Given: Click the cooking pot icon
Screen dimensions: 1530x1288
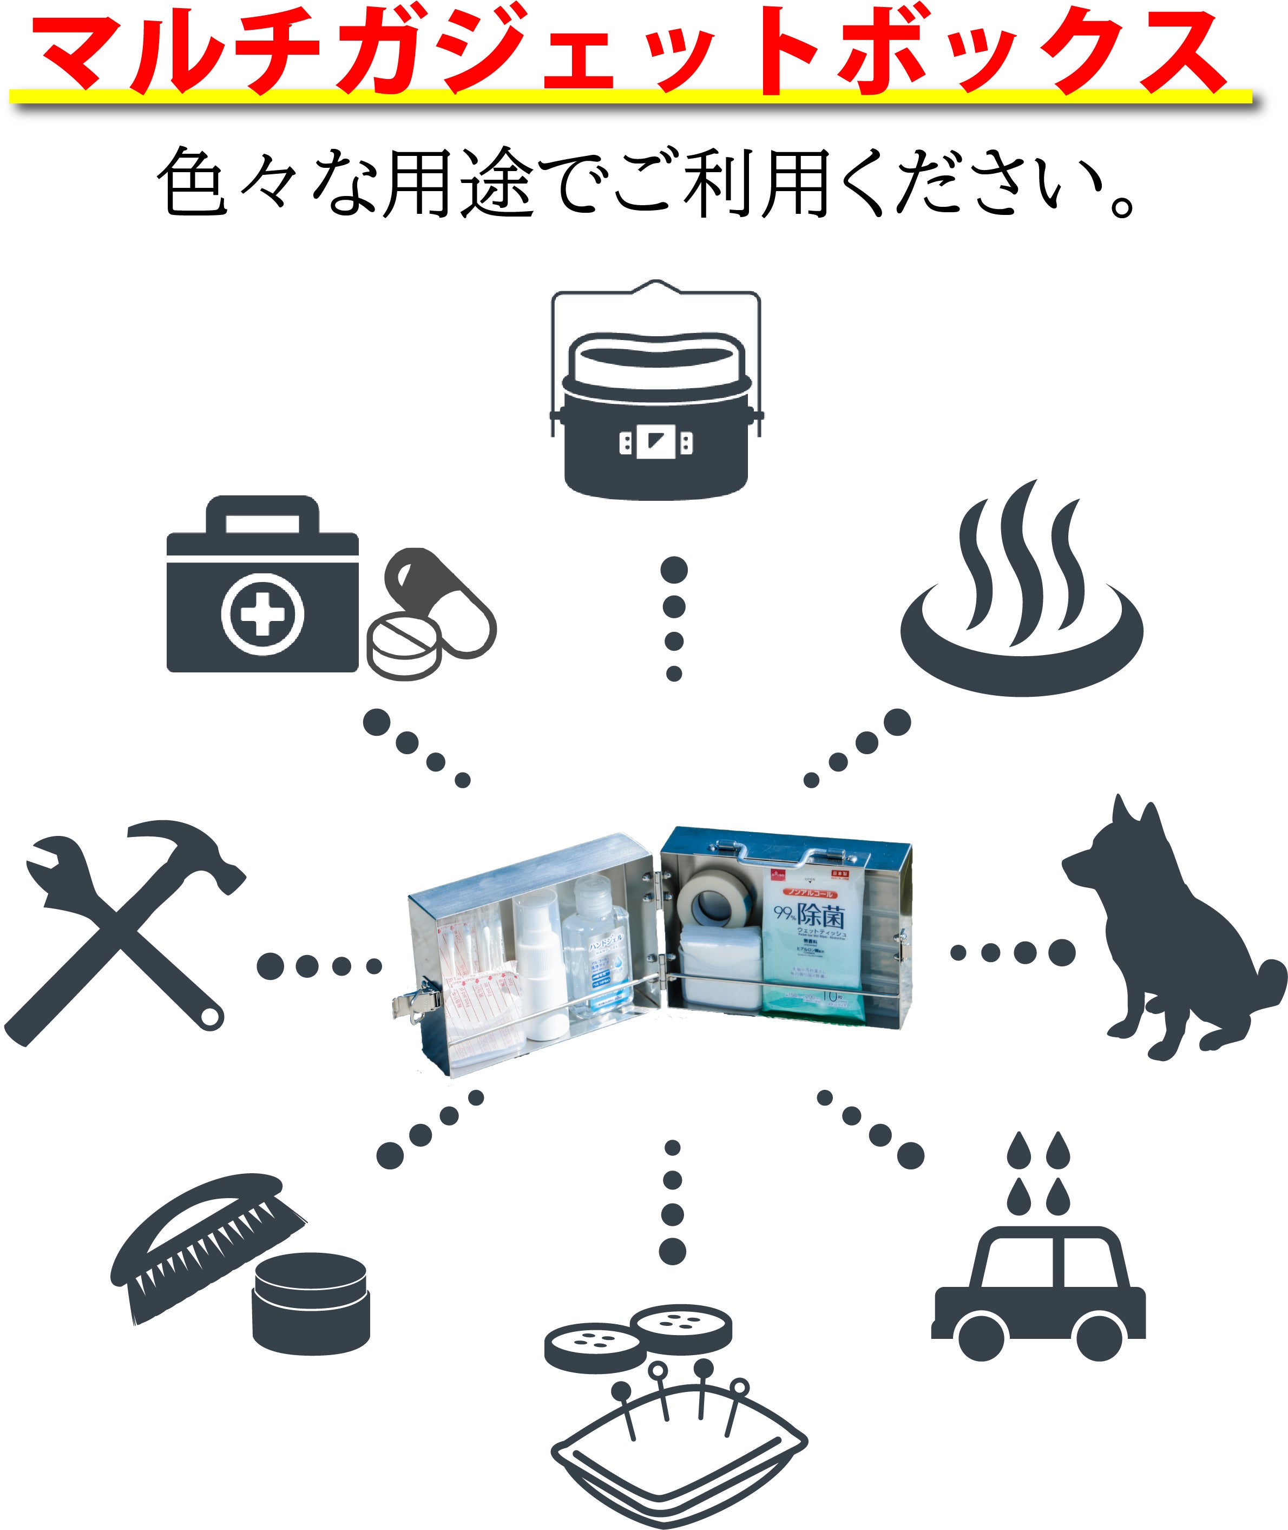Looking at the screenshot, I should coord(656,423).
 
